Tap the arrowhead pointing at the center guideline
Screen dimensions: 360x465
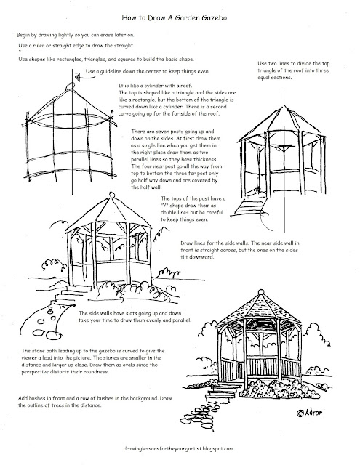78,78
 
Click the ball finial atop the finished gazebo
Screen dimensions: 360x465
261,292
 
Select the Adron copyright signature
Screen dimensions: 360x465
309,412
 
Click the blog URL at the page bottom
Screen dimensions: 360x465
178,449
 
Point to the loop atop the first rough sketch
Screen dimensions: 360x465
70,86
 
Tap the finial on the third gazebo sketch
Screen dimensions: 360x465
111,195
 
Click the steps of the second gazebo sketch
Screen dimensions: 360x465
249,205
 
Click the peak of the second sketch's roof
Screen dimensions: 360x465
284,106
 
